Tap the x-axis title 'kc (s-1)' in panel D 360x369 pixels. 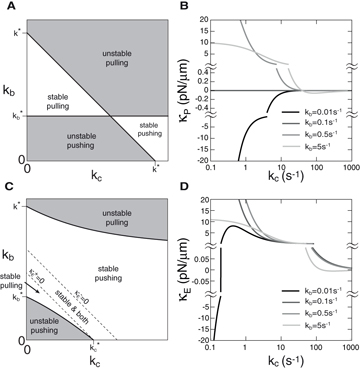coord(280,361)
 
